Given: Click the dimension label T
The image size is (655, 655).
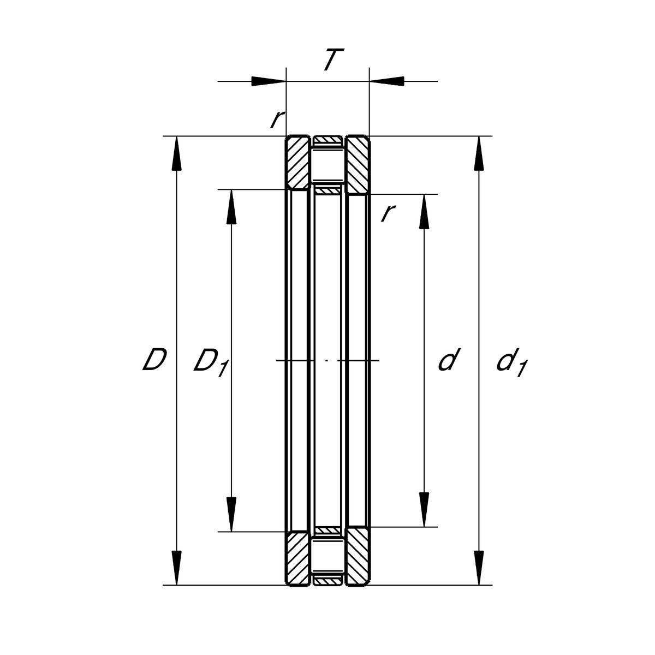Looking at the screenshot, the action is click(334, 59).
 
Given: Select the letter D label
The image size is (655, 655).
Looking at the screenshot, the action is click(154, 359).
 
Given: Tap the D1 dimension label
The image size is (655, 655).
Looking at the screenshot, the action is click(211, 362).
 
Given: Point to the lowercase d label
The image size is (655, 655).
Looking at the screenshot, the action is click(449, 359).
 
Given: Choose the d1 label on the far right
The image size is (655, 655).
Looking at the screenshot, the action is click(512, 362).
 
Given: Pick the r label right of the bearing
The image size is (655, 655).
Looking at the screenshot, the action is click(388, 213).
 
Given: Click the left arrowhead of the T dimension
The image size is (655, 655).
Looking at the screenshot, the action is click(269, 81).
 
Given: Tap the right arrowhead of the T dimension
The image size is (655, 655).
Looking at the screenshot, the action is click(387, 81).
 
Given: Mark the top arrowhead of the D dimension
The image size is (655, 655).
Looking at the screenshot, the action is click(176, 153).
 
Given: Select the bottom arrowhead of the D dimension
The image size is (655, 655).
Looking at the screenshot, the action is click(176, 568).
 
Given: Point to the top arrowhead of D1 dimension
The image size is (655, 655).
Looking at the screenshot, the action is click(231, 207).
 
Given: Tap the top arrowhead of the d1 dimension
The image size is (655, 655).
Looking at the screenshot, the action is click(479, 153).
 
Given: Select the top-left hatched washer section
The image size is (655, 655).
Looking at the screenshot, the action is click(298, 163).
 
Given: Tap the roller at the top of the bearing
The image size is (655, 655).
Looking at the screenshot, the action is click(327, 165).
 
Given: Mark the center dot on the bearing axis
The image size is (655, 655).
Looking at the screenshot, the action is click(326, 360).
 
